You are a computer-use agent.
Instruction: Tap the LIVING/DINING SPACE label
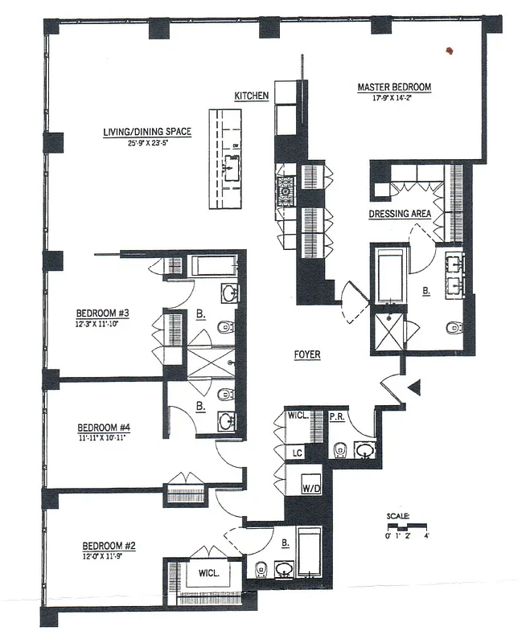[x=146, y=131]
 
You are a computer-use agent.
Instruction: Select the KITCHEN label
[x=251, y=96]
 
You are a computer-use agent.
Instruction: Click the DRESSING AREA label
[x=400, y=215]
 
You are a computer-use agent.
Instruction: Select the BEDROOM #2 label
[x=109, y=547]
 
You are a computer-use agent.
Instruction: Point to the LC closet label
[x=297, y=453]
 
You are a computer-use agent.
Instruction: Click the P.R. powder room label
[x=338, y=418]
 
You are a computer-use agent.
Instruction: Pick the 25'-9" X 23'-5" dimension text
[x=146, y=142]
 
